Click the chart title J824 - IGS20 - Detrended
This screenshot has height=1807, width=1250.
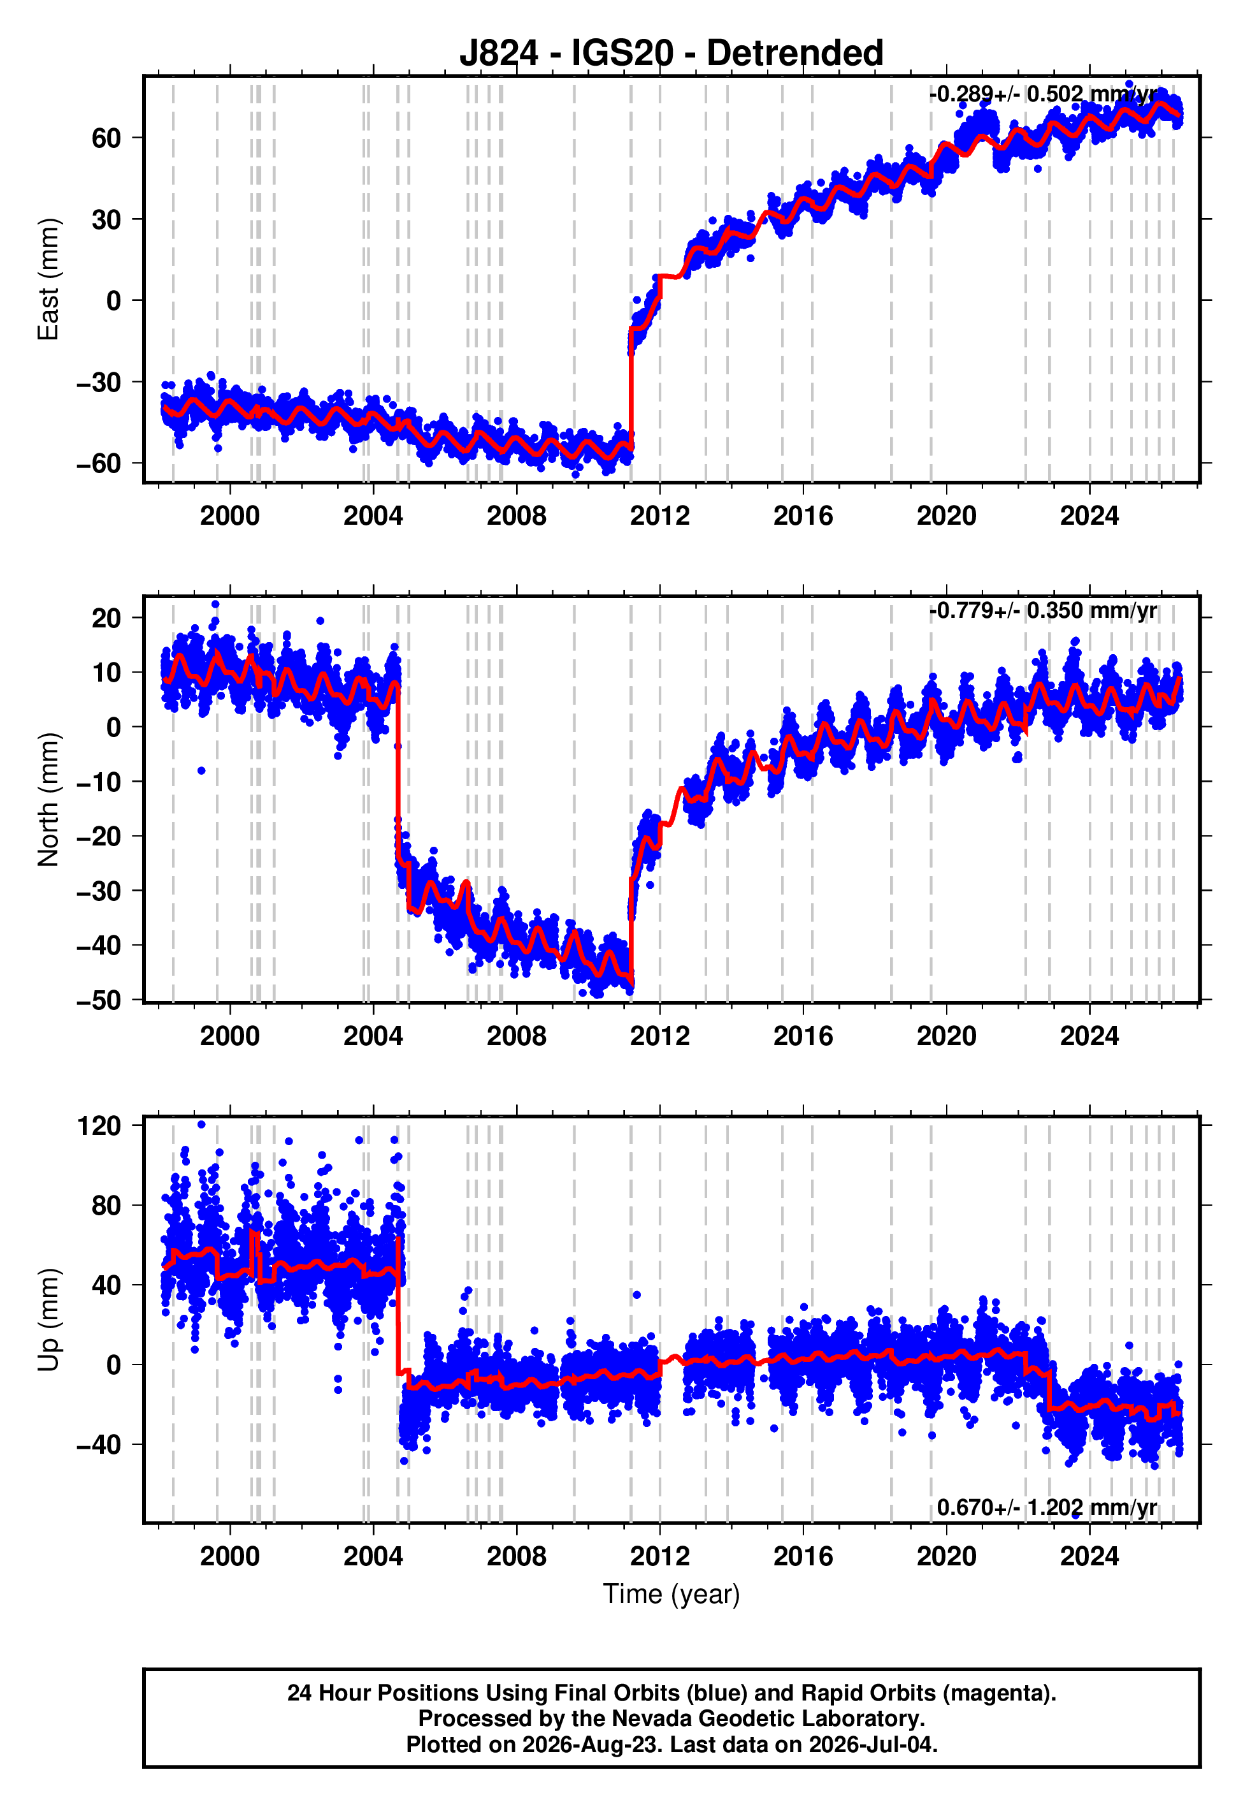coord(672,54)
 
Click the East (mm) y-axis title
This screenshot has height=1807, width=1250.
coord(48,279)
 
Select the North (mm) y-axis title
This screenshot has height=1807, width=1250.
coord(48,800)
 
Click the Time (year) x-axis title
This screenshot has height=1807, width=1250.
coord(672,1594)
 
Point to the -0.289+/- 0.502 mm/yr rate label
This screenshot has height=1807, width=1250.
coord(1043,95)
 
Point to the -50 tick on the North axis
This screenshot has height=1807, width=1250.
coord(99,1000)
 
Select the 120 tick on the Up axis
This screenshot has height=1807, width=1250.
coord(99,1126)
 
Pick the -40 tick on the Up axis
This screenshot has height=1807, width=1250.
coord(99,1444)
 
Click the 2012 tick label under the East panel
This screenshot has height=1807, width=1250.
coord(659,516)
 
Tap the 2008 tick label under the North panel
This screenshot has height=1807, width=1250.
coord(516,1036)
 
